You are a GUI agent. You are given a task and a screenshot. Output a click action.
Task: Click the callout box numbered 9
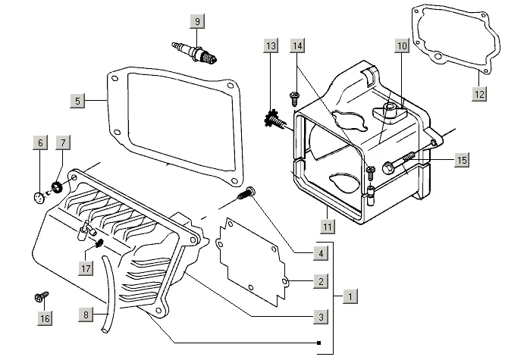click(x=197, y=21)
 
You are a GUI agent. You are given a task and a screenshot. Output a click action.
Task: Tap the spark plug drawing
click(x=196, y=54)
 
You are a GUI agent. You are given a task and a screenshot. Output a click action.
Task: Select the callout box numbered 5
click(x=78, y=100)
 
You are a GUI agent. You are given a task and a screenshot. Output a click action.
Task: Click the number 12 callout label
click(x=480, y=94)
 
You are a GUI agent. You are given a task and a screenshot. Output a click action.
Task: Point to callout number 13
click(x=271, y=47)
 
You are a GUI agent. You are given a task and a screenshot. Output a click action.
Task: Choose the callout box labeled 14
click(x=298, y=47)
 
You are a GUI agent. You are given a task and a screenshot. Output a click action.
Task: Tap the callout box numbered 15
click(x=462, y=160)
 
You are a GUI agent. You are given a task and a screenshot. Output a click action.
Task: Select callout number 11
click(x=327, y=226)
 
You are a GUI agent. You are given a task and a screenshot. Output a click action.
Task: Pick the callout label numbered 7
click(x=63, y=143)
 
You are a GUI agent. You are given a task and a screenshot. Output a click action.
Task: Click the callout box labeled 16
click(x=45, y=318)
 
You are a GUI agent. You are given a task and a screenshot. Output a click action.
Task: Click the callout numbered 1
click(x=348, y=296)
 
